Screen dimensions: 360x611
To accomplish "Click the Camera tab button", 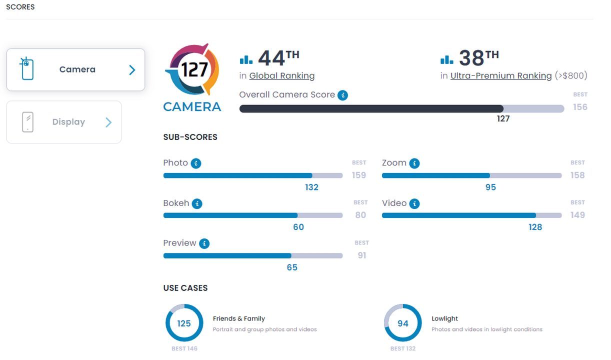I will tap(75, 69).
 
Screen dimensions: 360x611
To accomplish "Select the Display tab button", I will tap(64, 122).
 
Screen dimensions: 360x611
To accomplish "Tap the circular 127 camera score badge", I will tap(192, 69).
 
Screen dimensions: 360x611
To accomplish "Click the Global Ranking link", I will tap(282, 76).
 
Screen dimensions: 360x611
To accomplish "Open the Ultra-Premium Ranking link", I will tap(501, 76).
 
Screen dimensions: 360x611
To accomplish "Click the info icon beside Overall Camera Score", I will tap(342, 95).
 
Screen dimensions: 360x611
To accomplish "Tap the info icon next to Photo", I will tap(196, 163).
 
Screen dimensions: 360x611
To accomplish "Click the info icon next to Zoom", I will tap(414, 163).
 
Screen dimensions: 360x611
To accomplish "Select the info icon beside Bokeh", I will tap(197, 203).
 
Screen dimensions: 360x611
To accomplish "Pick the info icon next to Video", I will tap(414, 203).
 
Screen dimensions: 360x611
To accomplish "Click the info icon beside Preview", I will tap(204, 243).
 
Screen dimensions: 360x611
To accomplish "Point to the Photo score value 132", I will tap(311, 187).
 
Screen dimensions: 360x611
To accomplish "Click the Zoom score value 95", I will tap(490, 187).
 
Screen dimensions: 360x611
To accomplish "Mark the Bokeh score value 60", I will tap(298, 227).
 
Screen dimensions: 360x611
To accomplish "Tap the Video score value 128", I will tap(535, 227).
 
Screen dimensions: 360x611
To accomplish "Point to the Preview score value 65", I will tap(292, 267).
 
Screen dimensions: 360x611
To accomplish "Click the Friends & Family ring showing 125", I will tap(184, 323).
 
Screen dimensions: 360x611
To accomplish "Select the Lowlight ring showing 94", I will tap(403, 323).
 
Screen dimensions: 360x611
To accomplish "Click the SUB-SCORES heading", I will tap(190, 137).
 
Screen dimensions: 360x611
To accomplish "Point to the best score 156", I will tap(580, 107).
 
